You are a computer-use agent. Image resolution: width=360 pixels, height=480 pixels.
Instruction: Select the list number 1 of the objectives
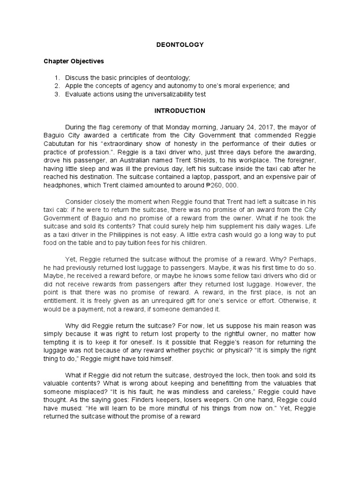point(56,78)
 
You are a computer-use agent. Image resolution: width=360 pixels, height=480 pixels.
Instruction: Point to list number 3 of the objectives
point(56,94)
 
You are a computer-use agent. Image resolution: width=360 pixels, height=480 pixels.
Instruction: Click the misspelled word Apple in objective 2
point(74,86)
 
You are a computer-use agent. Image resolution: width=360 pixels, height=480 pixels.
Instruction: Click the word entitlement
point(62,301)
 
